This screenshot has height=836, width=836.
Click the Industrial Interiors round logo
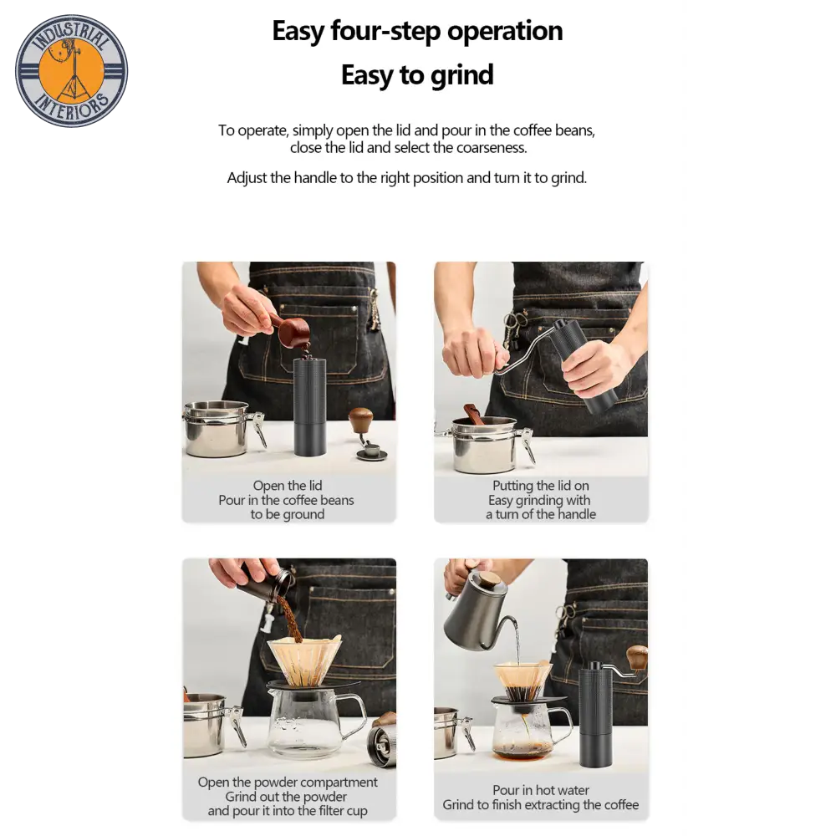tap(71, 71)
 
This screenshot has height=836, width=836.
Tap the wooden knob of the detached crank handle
tap(361, 420)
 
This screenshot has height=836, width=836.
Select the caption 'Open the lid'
tap(288, 486)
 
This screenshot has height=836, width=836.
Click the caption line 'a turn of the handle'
tap(541, 514)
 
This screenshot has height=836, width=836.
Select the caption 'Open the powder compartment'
tap(288, 782)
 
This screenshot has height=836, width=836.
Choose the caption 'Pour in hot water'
tap(541, 790)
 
